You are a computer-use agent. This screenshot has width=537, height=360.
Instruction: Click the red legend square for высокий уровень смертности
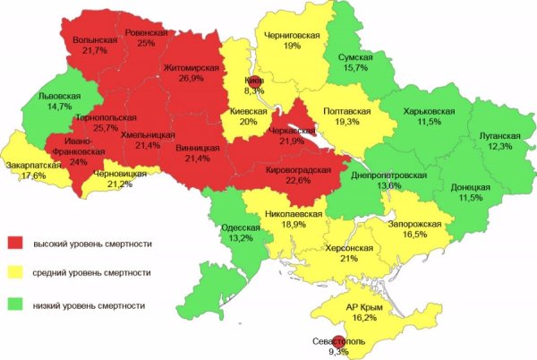[15, 243]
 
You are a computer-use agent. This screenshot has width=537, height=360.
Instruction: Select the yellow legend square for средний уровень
[15, 273]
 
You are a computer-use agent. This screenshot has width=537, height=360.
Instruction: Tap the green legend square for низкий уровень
[15, 304]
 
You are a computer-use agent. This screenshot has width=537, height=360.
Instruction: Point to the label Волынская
[95, 40]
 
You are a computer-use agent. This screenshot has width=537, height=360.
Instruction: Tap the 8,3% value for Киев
[254, 90]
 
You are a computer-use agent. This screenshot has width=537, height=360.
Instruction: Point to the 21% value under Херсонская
[349, 258]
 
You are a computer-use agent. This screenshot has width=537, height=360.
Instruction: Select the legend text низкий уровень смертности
[89, 305]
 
